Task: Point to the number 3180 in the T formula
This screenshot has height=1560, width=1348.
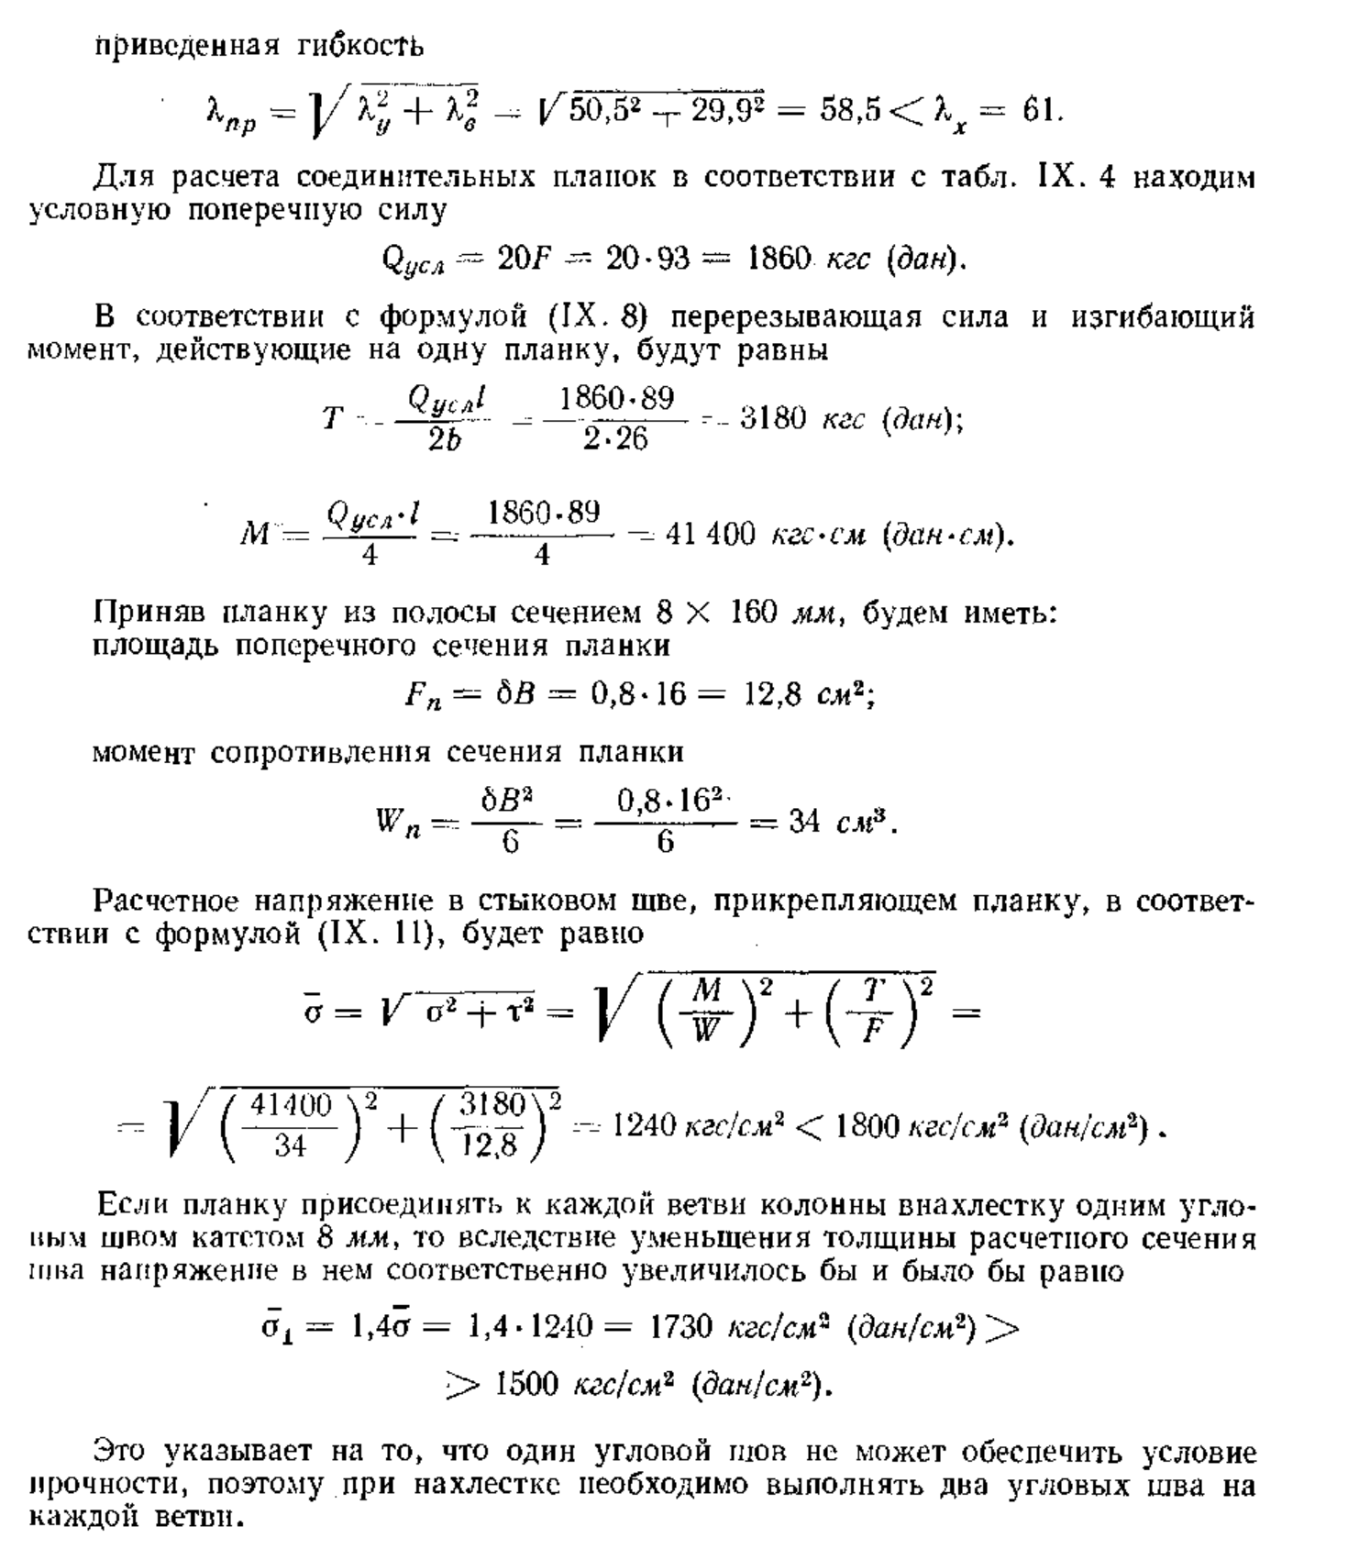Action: pos(773,419)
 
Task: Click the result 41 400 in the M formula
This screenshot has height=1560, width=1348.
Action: pos(710,534)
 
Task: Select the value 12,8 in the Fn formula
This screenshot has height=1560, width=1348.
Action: pos(775,695)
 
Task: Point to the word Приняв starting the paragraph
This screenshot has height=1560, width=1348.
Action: pos(150,612)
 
